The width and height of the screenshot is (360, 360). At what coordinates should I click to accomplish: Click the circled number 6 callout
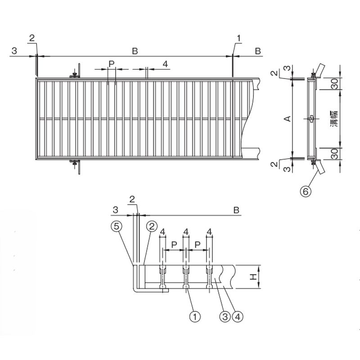[x=306, y=191]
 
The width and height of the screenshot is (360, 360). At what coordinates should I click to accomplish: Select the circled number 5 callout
[x=117, y=226]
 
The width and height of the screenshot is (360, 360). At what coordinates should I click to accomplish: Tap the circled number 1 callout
[x=195, y=317]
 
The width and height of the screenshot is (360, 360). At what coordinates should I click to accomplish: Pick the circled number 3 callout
[x=225, y=317]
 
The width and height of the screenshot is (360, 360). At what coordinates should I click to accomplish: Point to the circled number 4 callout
[x=238, y=317]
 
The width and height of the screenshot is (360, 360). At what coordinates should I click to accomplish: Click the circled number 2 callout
[x=152, y=226]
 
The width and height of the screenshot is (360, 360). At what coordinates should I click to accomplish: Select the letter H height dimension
[x=253, y=277]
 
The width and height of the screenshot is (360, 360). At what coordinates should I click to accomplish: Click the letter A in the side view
[x=288, y=119]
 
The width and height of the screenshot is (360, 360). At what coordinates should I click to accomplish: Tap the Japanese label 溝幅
[x=334, y=119]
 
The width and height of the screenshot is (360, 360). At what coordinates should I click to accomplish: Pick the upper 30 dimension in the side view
[x=334, y=84]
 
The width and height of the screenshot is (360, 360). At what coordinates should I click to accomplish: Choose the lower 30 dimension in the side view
[x=334, y=153]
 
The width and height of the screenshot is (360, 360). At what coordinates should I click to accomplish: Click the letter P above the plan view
[x=112, y=64]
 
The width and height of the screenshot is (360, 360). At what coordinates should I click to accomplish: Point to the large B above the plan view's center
[x=135, y=51]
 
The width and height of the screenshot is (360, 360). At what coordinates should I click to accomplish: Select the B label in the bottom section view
[x=236, y=210]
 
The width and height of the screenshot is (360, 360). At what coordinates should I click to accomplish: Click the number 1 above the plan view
[x=239, y=38]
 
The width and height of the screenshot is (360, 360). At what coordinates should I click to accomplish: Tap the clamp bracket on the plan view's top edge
[x=75, y=71]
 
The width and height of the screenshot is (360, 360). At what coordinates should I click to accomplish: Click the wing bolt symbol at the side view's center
[x=311, y=119]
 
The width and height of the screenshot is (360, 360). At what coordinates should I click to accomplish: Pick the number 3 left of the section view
[x=115, y=210]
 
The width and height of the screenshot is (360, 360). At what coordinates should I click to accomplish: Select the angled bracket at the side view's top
[x=319, y=71]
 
